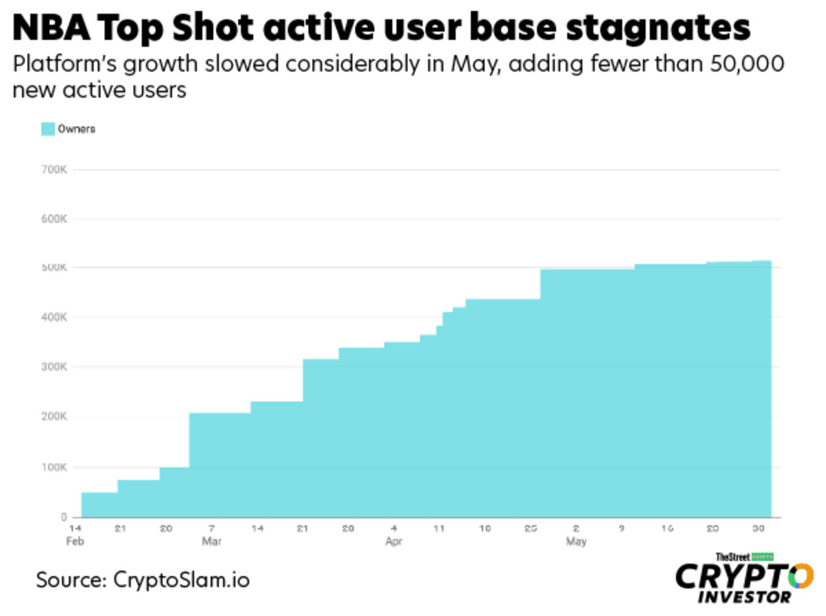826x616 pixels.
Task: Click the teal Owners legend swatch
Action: (x=47, y=129)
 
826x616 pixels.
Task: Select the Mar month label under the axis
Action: (x=211, y=542)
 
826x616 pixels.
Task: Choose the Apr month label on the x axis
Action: (x=393, y=542)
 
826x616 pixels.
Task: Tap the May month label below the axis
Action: (x=576, y=542)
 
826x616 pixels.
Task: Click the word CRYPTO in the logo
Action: (x=743, y=575)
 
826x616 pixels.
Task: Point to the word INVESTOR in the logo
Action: (x=745, y=597)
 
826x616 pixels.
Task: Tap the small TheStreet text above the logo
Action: (x=732, y=556)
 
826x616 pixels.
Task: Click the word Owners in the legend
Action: (x=76, y=129)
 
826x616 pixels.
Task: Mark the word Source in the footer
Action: (x=67, y=579)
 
